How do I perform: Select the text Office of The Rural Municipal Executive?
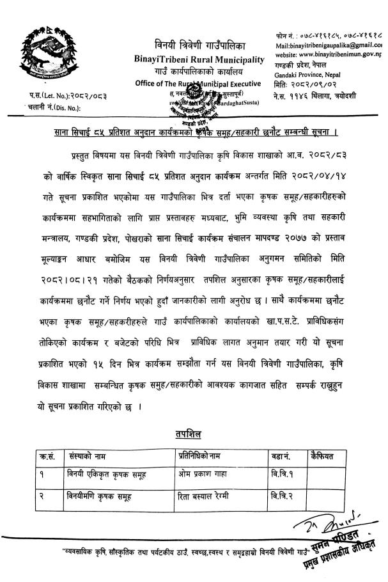[x=198, y=84]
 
